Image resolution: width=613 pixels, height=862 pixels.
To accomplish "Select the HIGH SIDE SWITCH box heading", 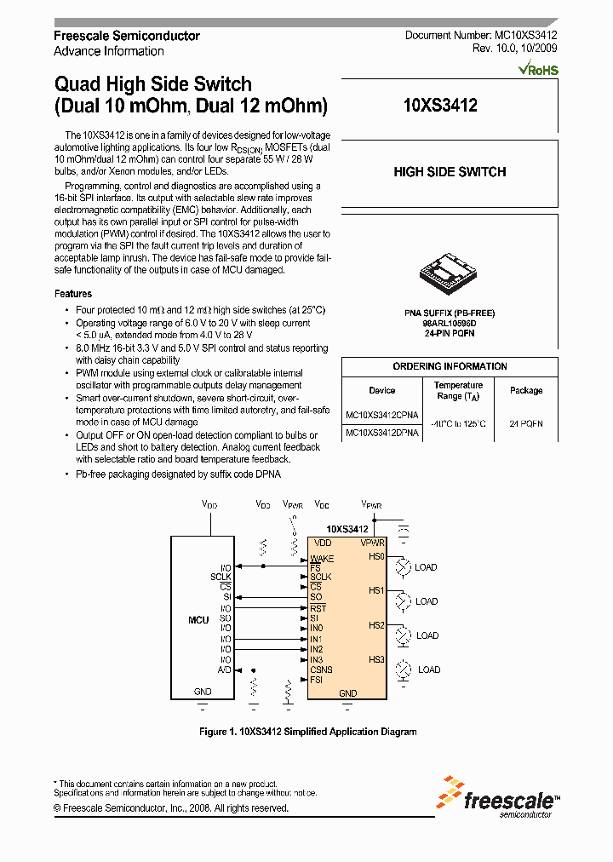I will (450, 172).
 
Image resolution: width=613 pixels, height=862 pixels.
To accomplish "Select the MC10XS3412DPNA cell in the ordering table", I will (381, 434).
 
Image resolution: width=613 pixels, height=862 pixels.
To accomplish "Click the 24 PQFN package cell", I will (525, 423).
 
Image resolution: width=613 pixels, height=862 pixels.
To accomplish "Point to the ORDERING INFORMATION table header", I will (450, 366).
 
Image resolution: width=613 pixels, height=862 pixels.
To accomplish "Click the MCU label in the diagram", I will (198, 619).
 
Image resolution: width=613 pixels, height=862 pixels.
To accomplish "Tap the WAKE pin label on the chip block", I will (322, 559).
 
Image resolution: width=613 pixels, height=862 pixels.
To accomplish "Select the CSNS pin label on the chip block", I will (321, 670).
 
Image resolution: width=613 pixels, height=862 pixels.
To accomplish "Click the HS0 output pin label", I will (376, 556).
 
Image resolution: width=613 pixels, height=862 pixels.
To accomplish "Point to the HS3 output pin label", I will (376, 659).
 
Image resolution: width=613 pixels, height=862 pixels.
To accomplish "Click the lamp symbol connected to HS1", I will (403, 601).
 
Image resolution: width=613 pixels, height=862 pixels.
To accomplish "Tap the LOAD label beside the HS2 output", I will (427, 635).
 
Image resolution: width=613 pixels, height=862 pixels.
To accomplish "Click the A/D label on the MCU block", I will (225, 670).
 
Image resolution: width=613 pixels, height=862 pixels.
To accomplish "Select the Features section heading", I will (72, 294).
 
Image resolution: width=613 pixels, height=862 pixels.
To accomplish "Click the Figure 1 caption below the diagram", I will (307, 732).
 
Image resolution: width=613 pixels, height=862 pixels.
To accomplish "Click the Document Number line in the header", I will (481, 36).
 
